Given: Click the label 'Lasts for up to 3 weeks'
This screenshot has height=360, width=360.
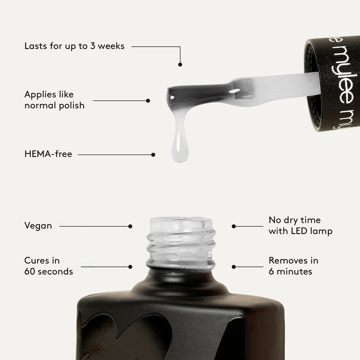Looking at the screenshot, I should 74,46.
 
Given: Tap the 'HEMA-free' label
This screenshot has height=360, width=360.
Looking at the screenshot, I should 48,154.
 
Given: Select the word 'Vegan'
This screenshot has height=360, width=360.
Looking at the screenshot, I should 38,226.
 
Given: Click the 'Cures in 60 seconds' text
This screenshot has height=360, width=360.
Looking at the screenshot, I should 48,266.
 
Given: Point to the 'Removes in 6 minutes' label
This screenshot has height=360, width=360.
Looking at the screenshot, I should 293,266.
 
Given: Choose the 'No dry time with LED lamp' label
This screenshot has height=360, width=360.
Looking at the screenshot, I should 300,225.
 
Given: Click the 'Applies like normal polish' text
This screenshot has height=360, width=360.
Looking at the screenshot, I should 54,100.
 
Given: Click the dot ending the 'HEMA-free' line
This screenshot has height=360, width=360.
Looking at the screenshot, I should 153,155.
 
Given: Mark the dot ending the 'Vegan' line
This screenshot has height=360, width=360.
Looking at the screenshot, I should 130,226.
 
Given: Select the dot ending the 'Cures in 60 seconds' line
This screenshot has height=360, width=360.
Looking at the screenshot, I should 130,267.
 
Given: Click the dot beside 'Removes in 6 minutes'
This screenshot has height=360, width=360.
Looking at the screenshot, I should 234,267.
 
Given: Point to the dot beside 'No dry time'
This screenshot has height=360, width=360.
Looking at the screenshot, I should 234,226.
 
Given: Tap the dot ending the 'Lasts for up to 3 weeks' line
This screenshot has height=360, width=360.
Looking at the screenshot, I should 180,64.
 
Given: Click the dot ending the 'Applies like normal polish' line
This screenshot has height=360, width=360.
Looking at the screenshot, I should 148,101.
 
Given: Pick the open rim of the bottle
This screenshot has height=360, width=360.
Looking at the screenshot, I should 181,221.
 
